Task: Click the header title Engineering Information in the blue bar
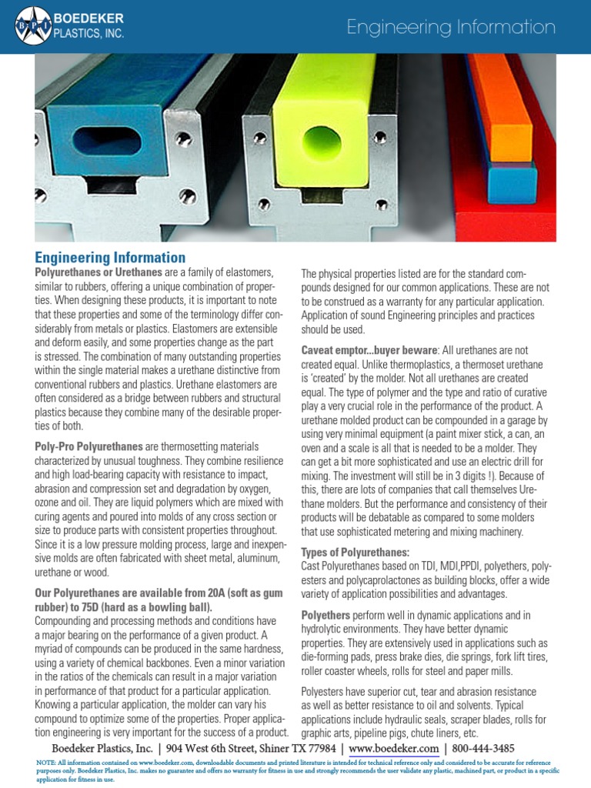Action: pos(450,28)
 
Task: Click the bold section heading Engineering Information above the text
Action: pos(110,258)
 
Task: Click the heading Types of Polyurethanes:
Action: pos(355,553)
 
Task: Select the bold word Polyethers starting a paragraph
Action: pos(325,616)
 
